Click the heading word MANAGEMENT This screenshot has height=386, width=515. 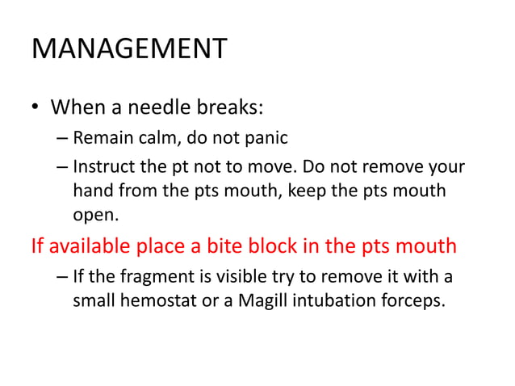[x=129, y=50]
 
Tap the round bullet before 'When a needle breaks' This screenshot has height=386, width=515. [x=36, y=108]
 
